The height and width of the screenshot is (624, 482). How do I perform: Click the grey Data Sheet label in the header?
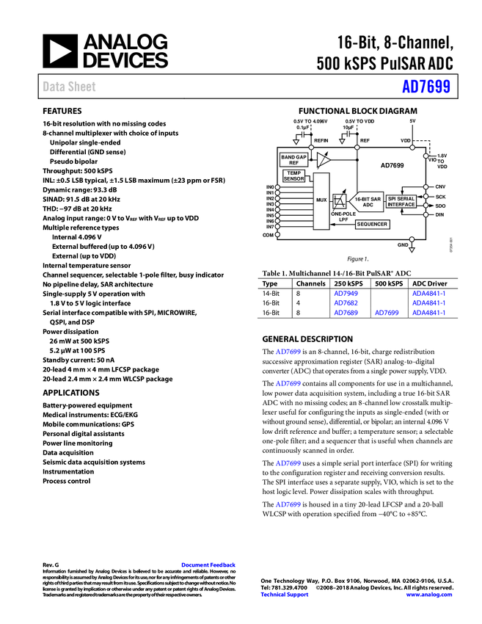(70, 87)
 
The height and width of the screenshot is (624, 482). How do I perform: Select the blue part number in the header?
(426, 87)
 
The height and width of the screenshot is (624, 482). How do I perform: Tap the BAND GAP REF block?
(293, 160)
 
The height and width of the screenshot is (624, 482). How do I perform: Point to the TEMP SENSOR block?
(293, 176)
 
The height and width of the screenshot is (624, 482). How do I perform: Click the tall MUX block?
(321, 201)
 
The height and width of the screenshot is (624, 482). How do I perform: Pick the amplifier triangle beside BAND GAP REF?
(323, 160)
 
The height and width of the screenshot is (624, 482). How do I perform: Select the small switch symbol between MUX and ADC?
(339, 201)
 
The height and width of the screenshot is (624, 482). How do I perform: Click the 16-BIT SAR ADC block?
(367, 201)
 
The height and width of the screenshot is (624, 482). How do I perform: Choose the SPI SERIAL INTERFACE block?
(401, 201)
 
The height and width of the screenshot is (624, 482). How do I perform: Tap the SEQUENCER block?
(372, 224)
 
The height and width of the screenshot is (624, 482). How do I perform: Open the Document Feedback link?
(209, 565)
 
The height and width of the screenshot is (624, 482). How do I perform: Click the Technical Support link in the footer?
(285, 595)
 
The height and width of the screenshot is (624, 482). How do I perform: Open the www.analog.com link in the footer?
(428, 595)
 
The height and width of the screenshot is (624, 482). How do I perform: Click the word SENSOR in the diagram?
(293, 179)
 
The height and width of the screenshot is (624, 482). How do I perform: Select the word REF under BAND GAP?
(293, 163)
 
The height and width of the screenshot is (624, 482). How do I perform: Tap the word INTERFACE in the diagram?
(401, 205)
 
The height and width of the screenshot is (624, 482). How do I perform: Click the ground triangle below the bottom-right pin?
(412, 250)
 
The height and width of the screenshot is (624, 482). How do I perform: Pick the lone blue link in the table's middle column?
(387, 312)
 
